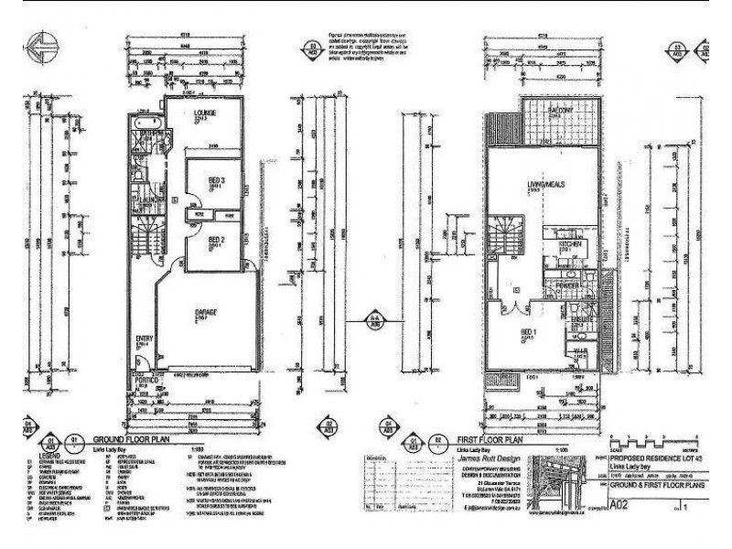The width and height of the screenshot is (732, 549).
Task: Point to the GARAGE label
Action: pos(207,312)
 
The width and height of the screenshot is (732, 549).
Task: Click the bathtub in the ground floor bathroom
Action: pos(147,122)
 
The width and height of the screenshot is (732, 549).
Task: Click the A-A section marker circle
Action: pos(374,318)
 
